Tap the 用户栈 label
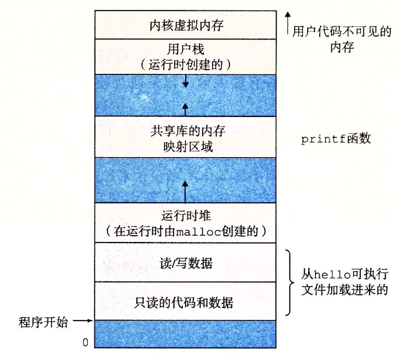(185, 49)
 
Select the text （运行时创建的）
(185, 65)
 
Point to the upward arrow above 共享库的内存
(185, 108)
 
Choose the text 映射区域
(185, 147)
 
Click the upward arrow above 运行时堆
(185, 190)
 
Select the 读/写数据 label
(185, 263)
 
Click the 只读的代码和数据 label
(185, 302)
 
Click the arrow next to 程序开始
(82, 322)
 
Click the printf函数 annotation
(336, 139)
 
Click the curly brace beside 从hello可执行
(288, 282)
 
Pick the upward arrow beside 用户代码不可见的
(288, 23)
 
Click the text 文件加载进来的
(345, 290)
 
